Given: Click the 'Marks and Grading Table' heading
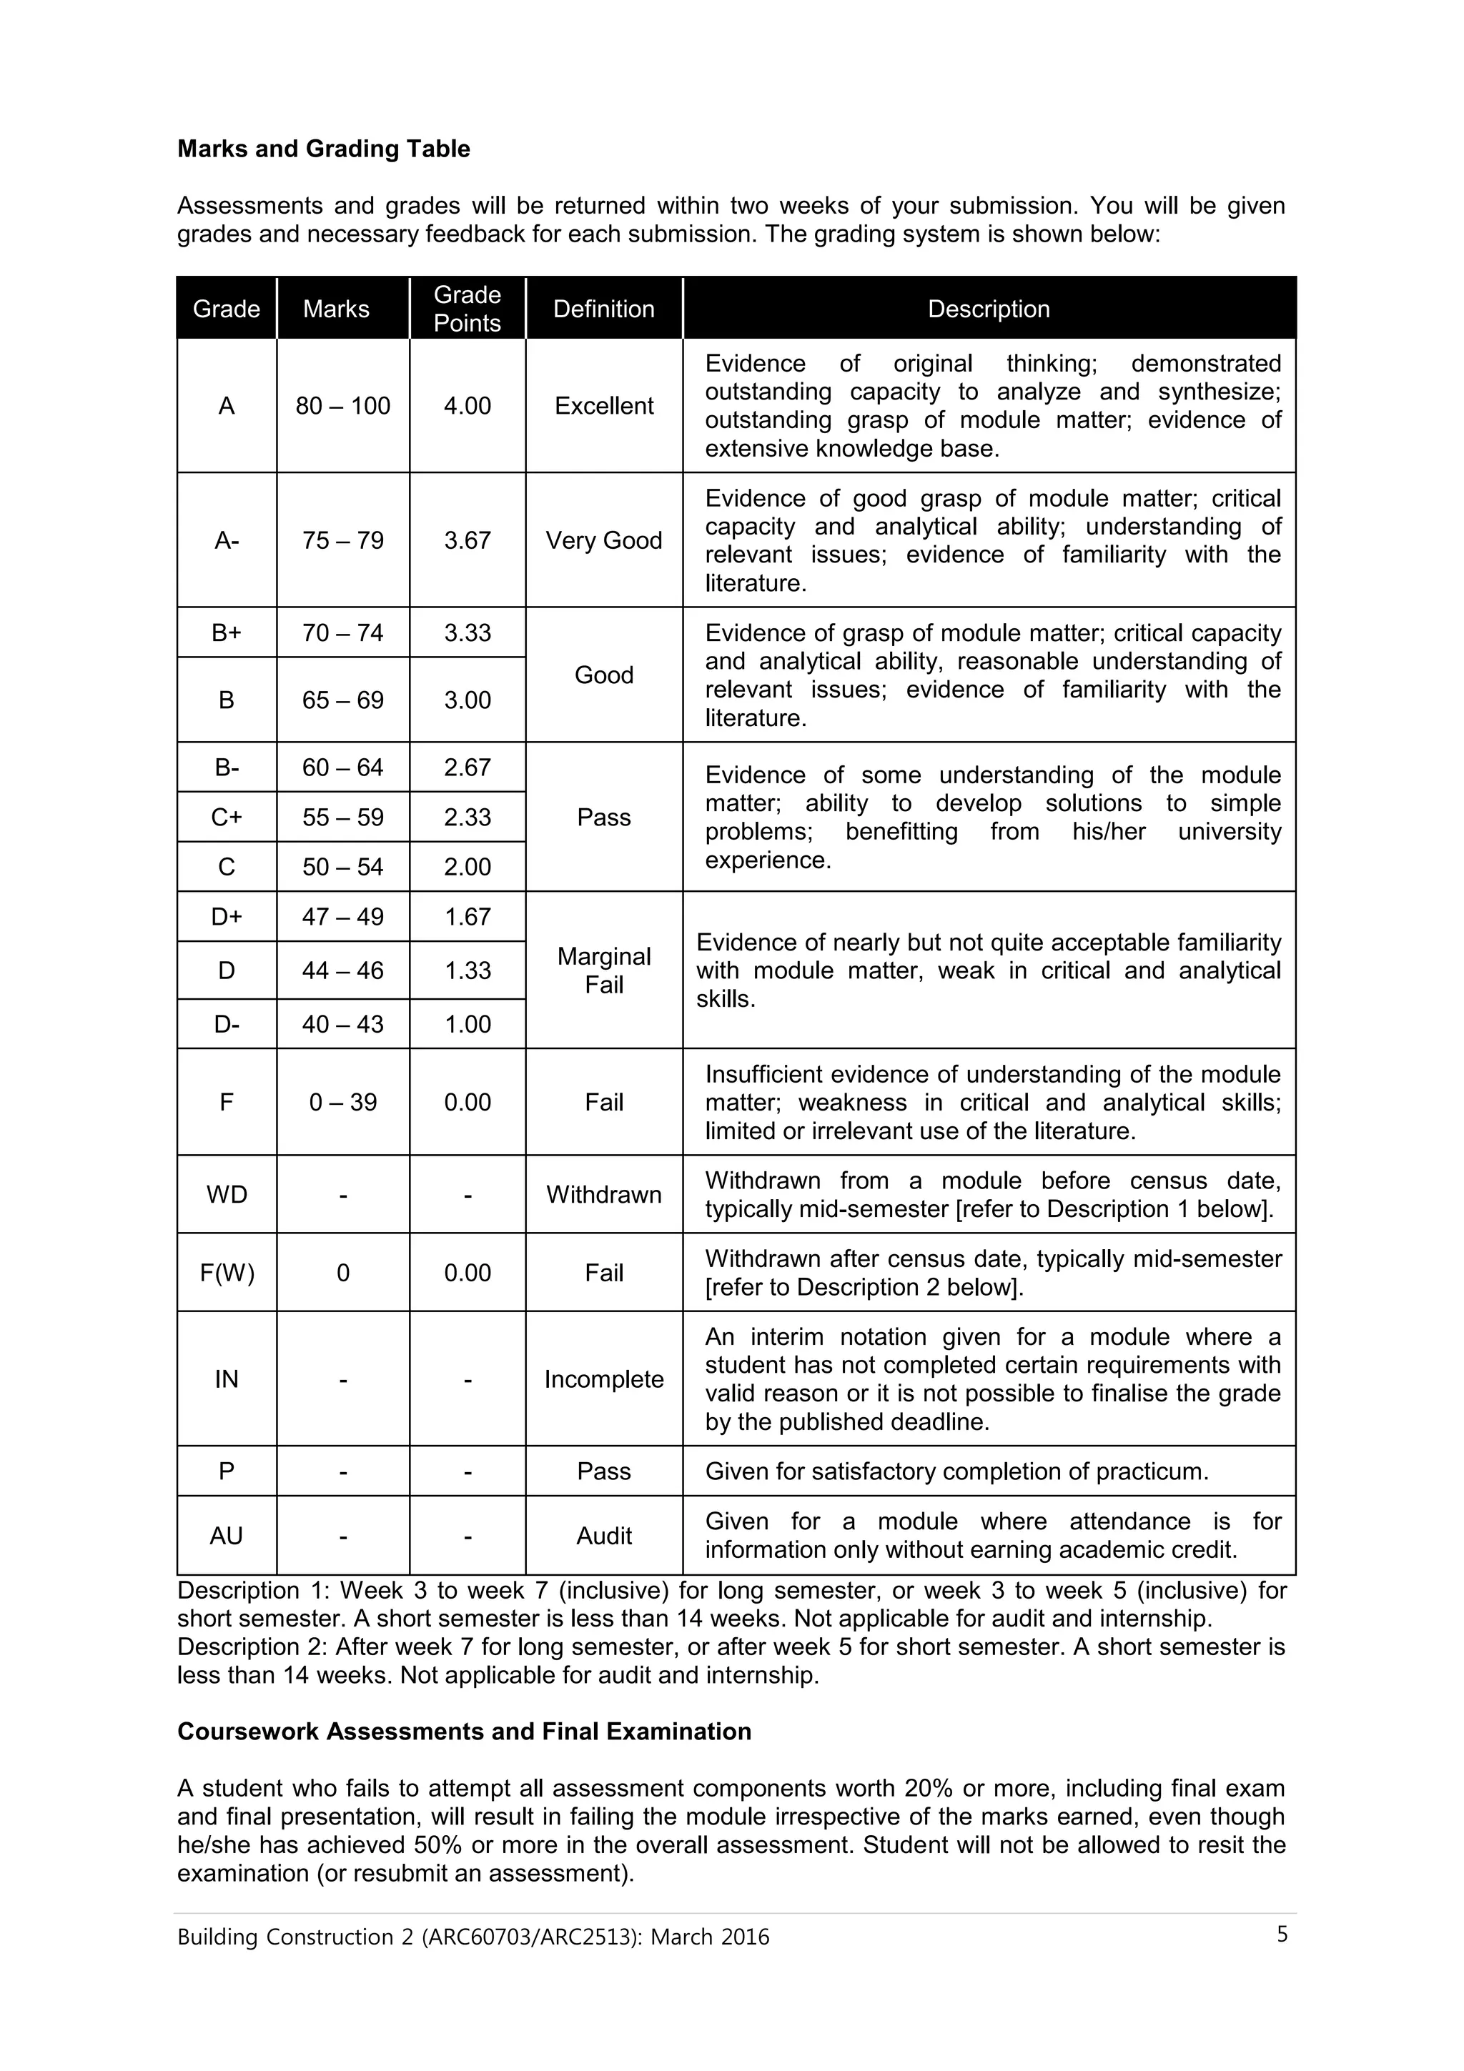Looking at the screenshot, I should [323, 149].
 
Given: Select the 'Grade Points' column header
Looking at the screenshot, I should [468, 309].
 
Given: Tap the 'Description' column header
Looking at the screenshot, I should [988, 309].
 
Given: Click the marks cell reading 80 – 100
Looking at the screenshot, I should [343, 406].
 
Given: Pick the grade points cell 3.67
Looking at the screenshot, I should [468, 540].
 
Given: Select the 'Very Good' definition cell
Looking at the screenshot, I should [603, 540].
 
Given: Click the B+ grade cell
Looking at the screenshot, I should [227, 632].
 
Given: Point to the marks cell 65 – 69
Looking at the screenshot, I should [343, 700].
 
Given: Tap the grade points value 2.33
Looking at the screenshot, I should [468, 818].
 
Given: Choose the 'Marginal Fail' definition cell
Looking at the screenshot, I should [603, 970].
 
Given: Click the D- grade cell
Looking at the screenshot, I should [227, 1024].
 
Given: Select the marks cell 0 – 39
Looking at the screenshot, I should [343, 1102].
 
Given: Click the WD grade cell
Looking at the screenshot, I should [227, 1194].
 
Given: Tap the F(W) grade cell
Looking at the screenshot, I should [227, 1273].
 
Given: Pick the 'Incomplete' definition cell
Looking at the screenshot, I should [603, 1379].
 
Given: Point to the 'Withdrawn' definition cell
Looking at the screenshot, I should [603, 1194].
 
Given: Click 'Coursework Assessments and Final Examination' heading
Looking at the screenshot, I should [464, 1732].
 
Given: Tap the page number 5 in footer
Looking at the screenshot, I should [1282, 1935].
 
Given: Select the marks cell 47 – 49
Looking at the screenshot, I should [343, 916].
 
